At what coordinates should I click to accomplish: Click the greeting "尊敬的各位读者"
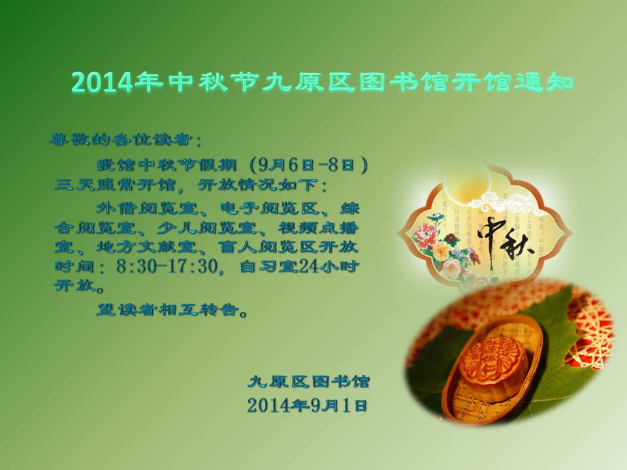(120, 140)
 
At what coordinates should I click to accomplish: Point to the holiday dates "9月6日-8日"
(307, 164)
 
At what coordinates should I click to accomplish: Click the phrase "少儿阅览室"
(206, 228)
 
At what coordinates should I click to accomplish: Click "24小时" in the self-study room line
(328, 266)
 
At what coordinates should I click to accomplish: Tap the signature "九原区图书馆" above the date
(308, 381)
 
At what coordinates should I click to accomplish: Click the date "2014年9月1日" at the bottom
(307, 405)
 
